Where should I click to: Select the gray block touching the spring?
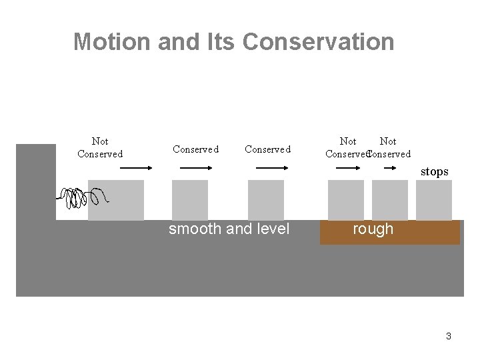click(x=116, y=199)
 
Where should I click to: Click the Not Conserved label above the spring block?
click(x=100, y=147)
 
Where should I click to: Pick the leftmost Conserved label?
click(x=195, y=149)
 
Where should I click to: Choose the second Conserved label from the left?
click(x=267, y=149)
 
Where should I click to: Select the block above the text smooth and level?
click(x=190, y=199)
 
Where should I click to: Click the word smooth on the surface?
click(x=194, y=229)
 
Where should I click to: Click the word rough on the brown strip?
click(x=373, y=229)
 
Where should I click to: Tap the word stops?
click(x=434, y=172)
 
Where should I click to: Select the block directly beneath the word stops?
click(x=434, y=199)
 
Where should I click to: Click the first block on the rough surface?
click(x=346, y=199)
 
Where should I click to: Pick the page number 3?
click(x=449, y=336)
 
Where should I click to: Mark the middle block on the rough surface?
click(x=390, y=199)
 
